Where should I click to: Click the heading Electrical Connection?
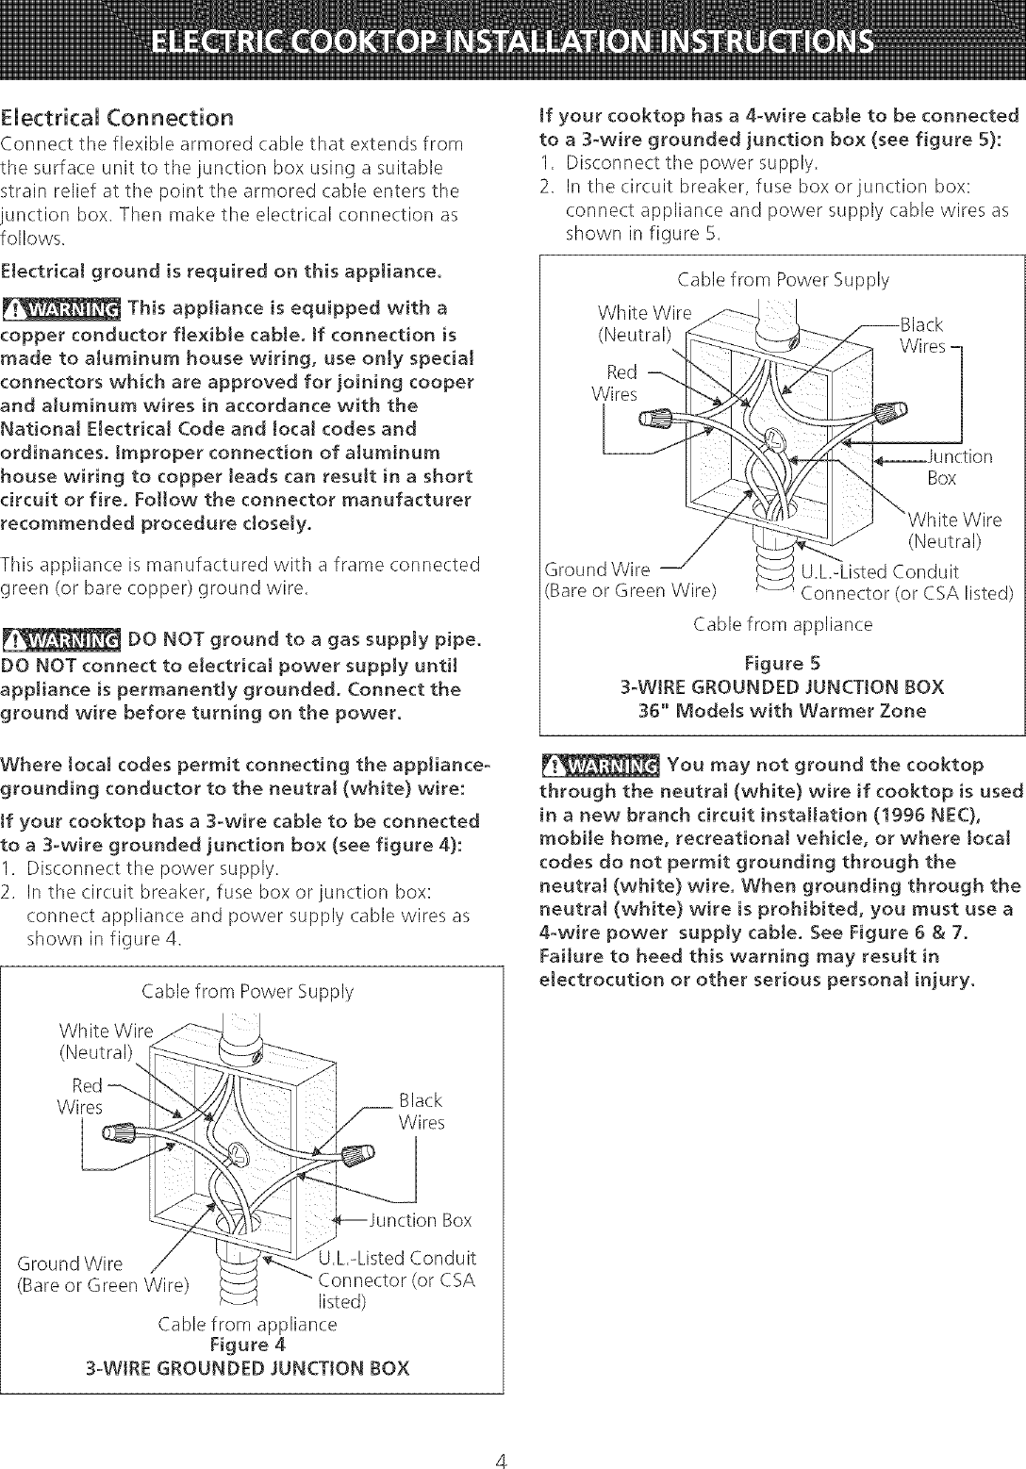118,119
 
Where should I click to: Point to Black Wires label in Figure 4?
421,1112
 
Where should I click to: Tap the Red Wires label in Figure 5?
618,382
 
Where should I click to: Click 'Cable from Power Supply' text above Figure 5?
783,279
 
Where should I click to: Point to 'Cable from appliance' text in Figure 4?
247,1324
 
